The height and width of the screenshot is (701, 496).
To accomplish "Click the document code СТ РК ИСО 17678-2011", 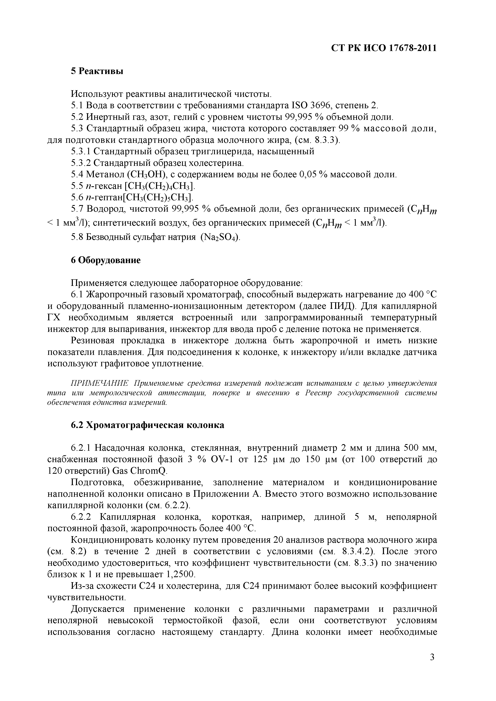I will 384,48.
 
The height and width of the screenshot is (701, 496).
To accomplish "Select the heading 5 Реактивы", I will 97,71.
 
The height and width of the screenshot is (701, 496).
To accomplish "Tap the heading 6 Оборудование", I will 106,260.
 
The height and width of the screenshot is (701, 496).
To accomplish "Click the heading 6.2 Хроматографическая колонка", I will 147,425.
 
